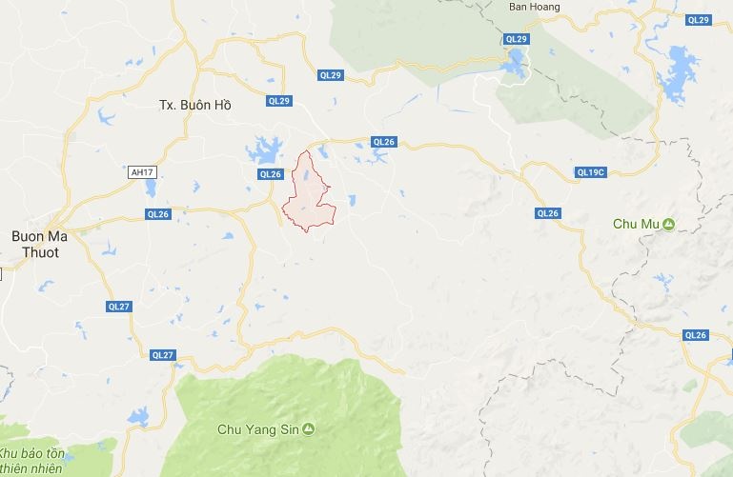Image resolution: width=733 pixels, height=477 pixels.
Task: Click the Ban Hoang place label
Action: [534, 7]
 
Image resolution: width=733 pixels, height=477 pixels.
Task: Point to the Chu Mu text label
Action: [636, 225]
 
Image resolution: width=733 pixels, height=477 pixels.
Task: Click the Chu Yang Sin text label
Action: [259, 429]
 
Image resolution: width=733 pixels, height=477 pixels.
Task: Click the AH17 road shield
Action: [141, 172]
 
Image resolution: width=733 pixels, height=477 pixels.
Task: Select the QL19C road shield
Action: [591, 172]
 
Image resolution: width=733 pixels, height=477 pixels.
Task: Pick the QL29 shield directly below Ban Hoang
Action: [516, 39]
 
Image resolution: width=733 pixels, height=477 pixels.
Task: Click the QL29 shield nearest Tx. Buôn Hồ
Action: [278, 100]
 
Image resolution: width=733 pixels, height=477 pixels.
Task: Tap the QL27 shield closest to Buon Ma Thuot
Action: [118, 306]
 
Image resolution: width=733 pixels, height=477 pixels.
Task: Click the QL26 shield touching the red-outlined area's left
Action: [271, 174]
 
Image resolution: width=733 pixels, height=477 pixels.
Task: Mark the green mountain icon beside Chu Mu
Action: [669, 225]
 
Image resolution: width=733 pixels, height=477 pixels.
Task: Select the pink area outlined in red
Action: [310, 195]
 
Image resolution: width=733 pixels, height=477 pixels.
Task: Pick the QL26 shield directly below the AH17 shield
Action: [157, 215]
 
